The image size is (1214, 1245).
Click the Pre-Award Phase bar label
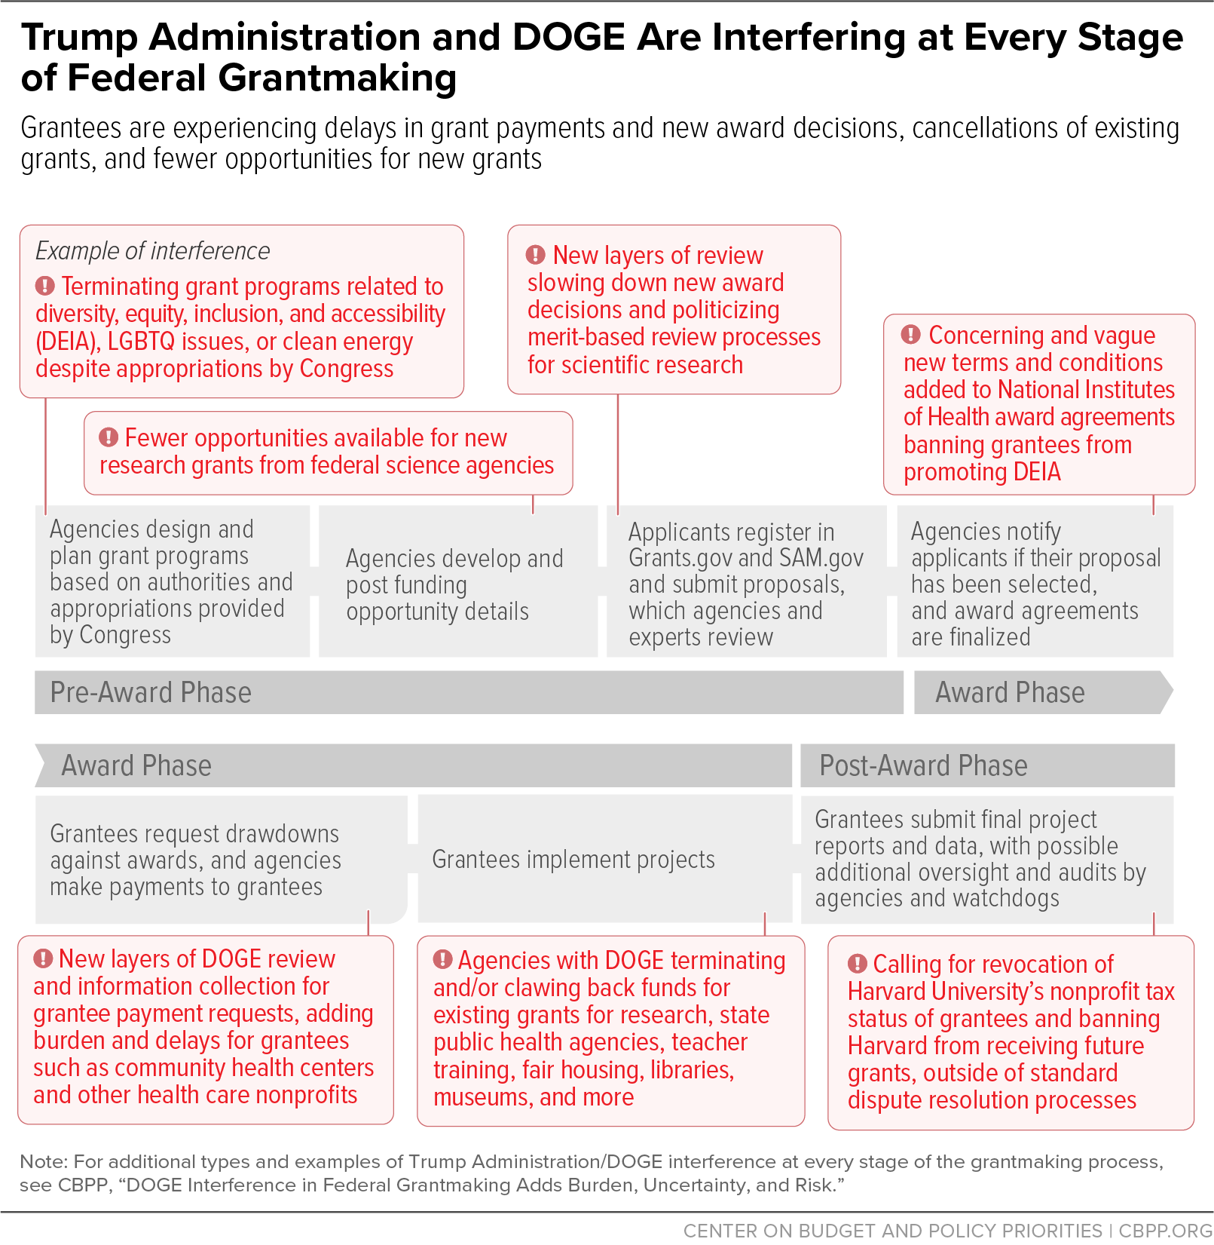tap(151, 692)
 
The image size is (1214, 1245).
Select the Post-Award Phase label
tap(923, 765)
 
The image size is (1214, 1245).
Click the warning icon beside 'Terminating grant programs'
tap(45, 286)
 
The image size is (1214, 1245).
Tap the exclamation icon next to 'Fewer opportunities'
tap(109, 437)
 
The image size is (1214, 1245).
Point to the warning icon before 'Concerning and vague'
tap(911, 334)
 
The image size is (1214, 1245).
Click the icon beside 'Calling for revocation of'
tap(858, 964)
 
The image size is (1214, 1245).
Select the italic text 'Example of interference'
tap(152, 251)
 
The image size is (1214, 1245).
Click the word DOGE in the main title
tap(569, 37)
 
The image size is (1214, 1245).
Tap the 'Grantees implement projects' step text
tap(573, 860)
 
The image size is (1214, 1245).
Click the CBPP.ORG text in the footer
tap(1166, 1231)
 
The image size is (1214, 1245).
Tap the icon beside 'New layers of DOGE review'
tap(43, 958)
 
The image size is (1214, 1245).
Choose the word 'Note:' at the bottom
tap(44, 1161)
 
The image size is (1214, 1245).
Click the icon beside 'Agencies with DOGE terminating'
tap(442, 960)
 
